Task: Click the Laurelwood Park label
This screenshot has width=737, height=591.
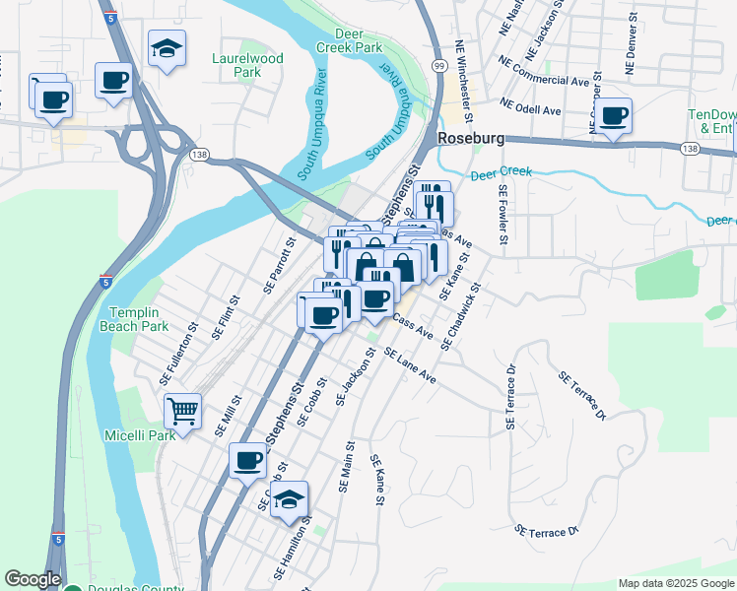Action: click(x=247, y=65)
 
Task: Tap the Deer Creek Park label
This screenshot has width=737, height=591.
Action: click(x=350, y=40)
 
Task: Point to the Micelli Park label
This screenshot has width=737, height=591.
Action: click(x=139, y=434)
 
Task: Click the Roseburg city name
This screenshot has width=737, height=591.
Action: click(x=471, y=138)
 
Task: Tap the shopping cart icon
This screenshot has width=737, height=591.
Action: click(x=181, y=410)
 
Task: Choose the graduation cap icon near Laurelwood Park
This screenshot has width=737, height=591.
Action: click(x=167, y=46)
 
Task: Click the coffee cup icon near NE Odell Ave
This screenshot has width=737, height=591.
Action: click(x=614, y=115)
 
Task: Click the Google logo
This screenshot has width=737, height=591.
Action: click(x=33, y=579)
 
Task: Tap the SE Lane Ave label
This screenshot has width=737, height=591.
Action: click(x=410, y=365)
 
